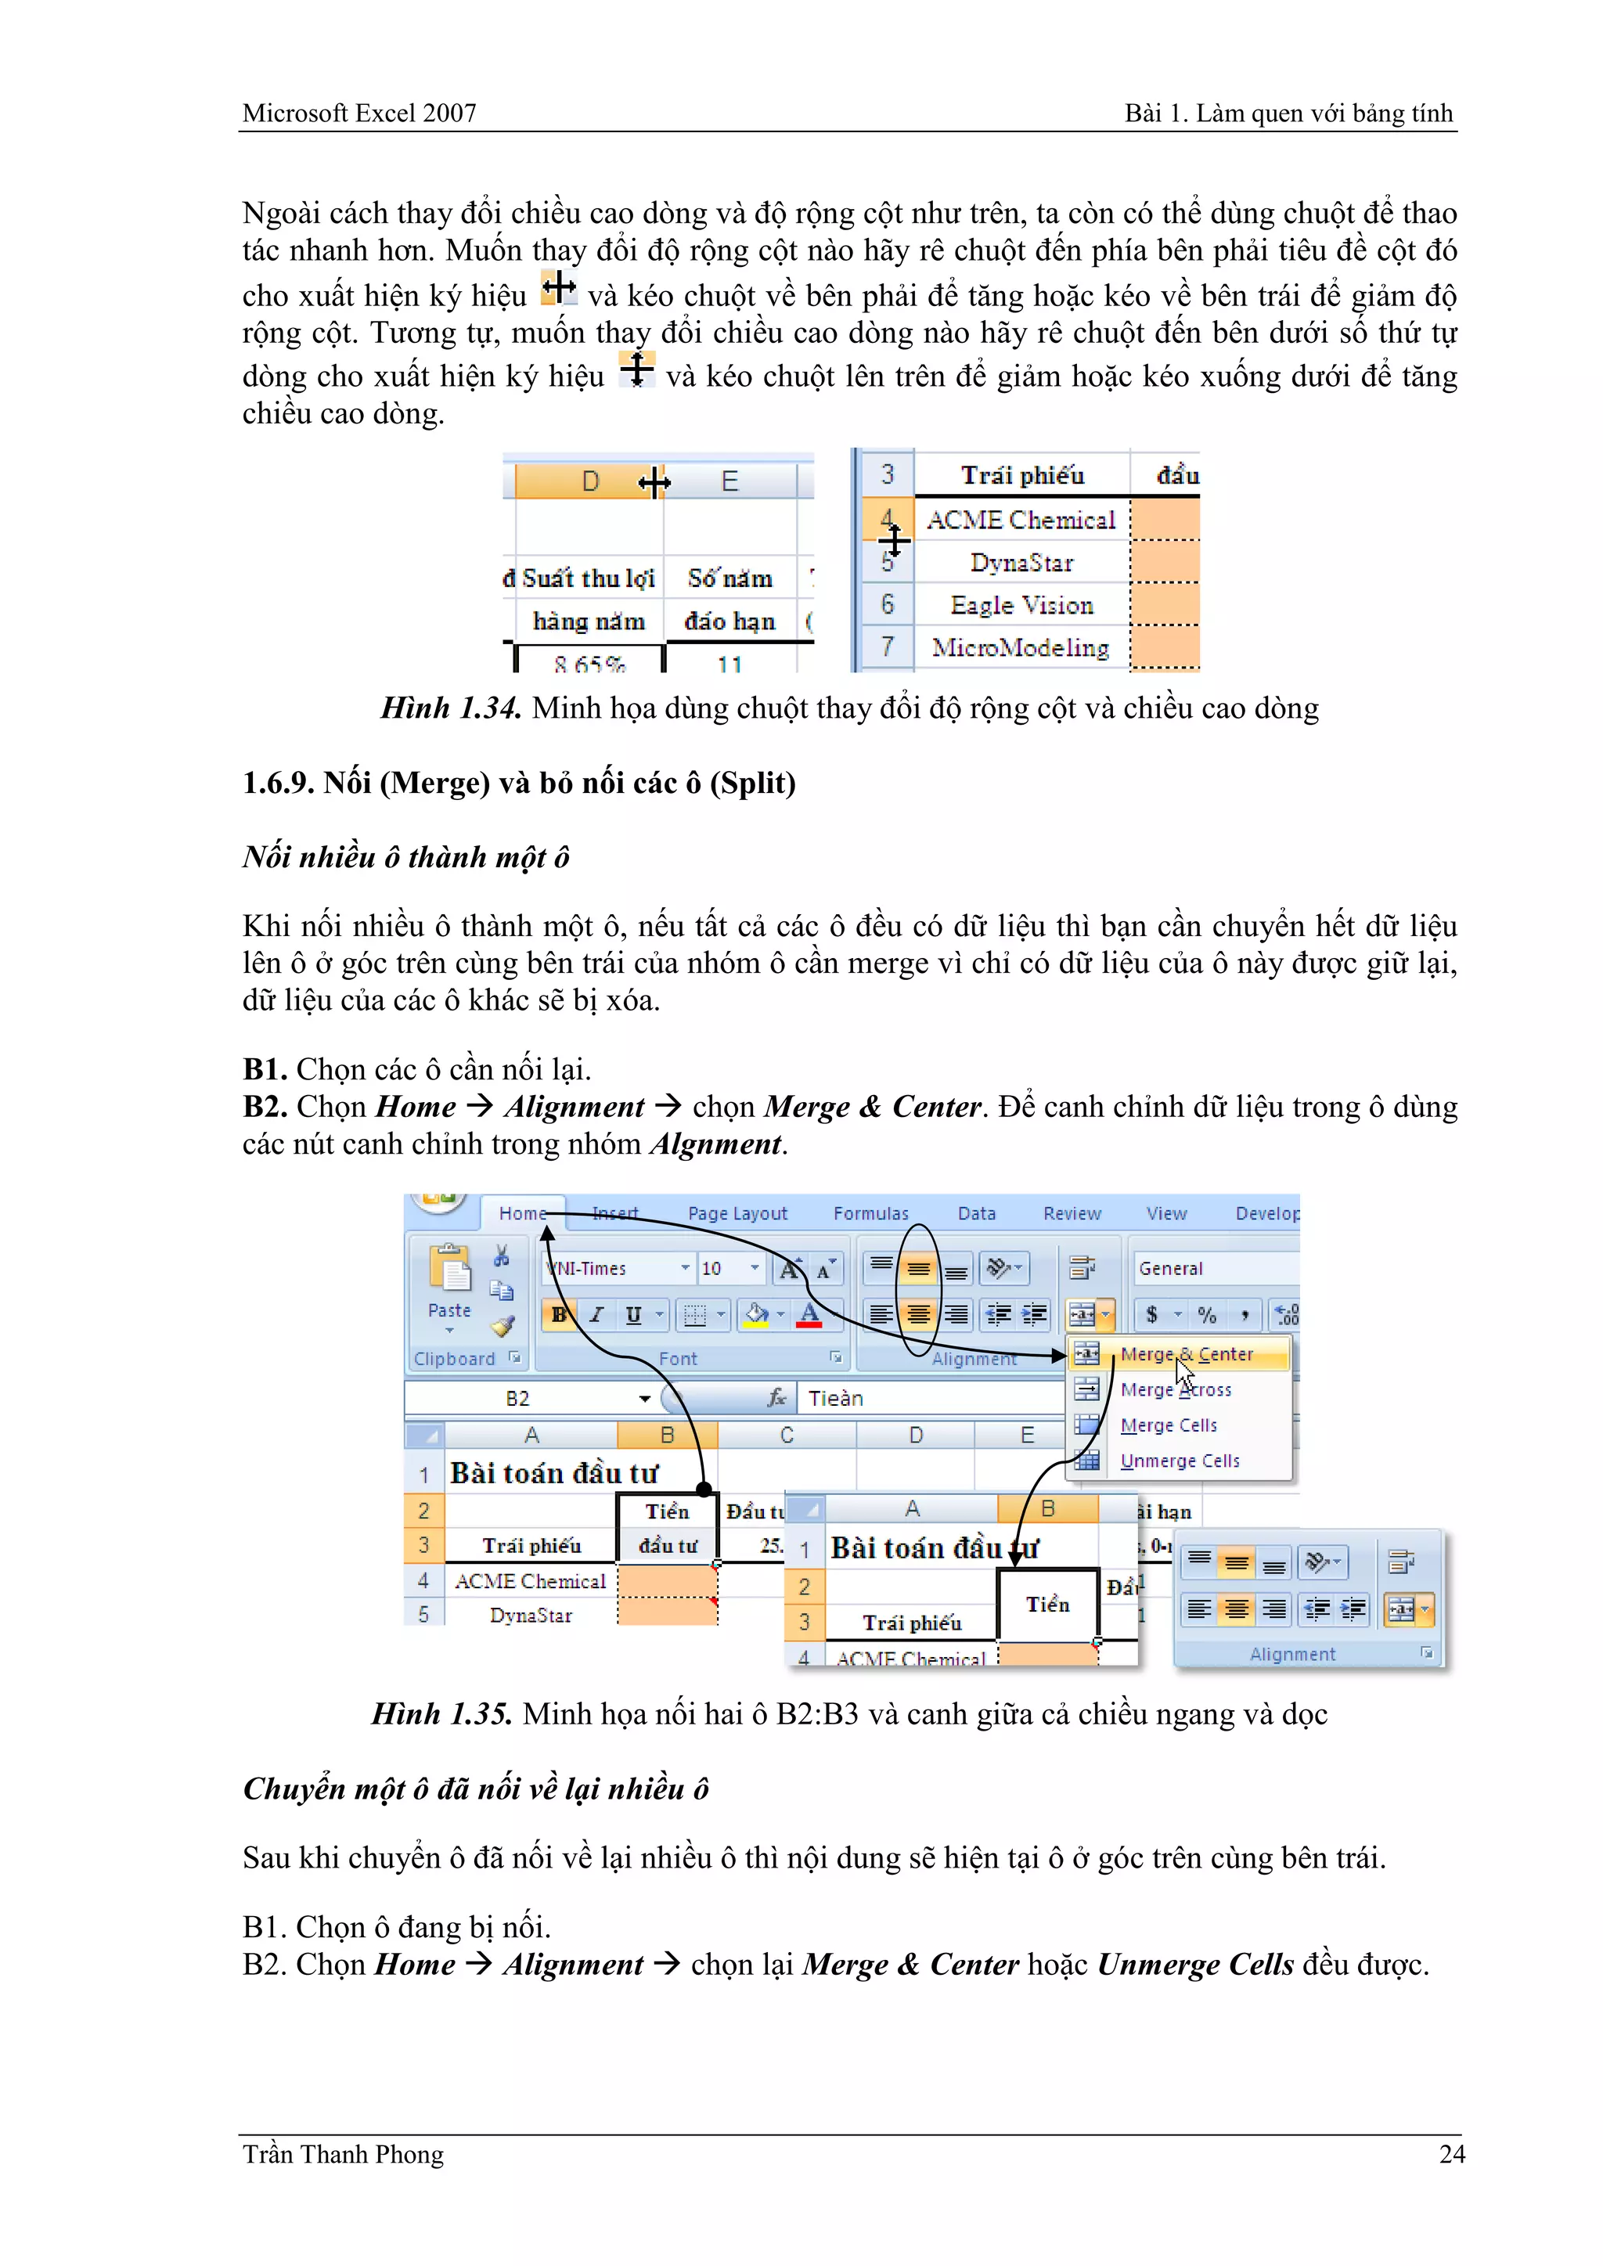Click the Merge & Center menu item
[x=1187, y=1354]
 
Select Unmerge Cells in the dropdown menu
[x=1180, y=1461]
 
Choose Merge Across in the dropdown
[x=1176, y=1389]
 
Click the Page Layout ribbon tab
[x=737, y=1214]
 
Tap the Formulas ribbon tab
[x=870, y=1214]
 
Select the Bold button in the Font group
[x=559, y=1315]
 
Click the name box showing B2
[x=518, y=1399]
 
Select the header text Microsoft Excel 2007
[x=359, y=113]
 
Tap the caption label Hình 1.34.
[x=451, y=708]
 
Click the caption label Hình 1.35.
[x=441, y=1713]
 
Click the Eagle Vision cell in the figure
[x=1021, y=605]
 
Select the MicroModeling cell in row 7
[x=1021, y=647]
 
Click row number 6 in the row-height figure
[x=888, y=604]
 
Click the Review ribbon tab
[x=1072, y=1214]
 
